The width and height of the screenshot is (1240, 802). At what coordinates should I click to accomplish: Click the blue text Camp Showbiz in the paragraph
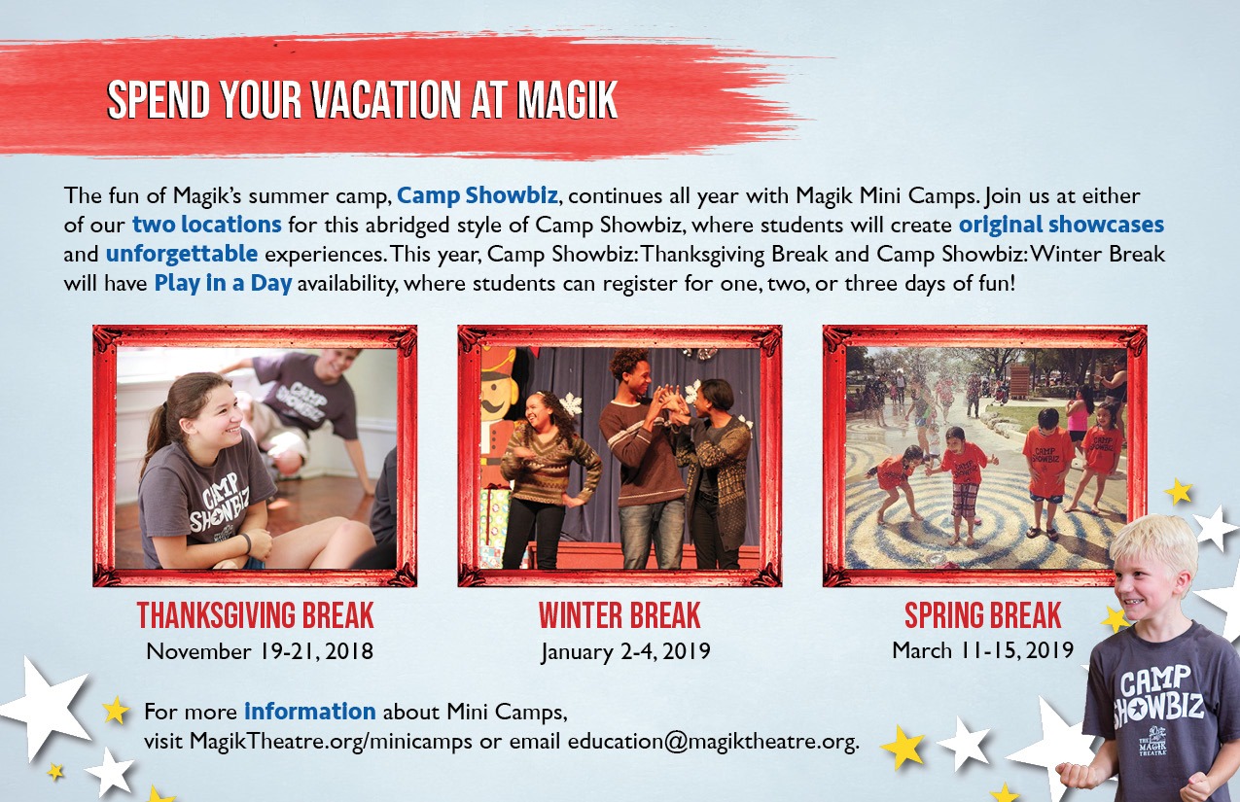[478, 195]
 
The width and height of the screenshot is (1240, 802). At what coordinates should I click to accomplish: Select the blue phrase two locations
[206, 225]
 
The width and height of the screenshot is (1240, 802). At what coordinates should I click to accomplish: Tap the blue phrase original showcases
[1061, 226]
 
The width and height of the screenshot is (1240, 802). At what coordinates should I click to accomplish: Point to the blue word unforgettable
[182, 254]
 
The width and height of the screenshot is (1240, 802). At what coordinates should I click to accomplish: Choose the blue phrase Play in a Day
[223, 284]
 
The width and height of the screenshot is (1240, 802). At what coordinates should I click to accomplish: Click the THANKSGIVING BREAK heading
[256, 615]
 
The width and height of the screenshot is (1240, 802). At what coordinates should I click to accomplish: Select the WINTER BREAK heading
[620, 615]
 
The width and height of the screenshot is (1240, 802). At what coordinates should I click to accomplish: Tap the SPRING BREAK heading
[983, 615]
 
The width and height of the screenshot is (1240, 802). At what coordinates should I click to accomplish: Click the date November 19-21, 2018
[260, 651]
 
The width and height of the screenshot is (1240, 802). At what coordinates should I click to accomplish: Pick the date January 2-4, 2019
[625, 651]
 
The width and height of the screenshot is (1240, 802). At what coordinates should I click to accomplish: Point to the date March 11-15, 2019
[983, 650]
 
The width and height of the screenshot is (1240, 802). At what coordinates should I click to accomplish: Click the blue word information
[310, 712]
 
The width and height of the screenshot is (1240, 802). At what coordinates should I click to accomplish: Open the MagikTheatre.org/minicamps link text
[331, 742]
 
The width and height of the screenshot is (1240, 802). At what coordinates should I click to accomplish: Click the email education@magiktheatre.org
[714, 742]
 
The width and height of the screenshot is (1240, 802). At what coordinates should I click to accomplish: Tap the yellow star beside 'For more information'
[116, 710]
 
